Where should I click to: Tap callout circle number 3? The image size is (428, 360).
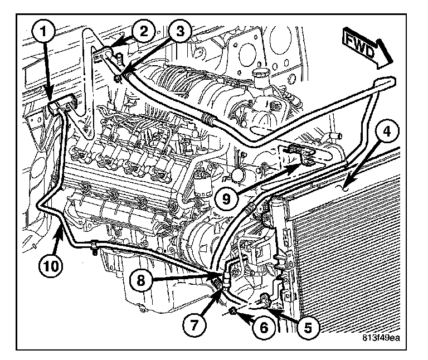point(177,32)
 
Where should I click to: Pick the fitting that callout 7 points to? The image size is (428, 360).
point(218,286)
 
